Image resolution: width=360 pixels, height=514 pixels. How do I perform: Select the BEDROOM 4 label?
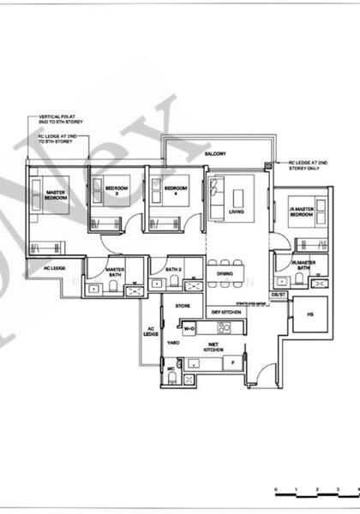point(176,190)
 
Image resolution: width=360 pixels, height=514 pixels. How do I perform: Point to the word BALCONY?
point(215,153)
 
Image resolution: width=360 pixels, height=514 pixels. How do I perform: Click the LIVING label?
point(237,211)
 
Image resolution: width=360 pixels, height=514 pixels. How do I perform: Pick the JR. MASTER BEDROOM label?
point(302,212)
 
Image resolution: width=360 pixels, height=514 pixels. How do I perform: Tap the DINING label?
point(225,274)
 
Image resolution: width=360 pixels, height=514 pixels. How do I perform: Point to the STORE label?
point(183,305)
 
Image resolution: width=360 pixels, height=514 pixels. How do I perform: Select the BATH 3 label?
point(174,270)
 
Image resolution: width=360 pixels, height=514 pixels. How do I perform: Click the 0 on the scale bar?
point(276,491)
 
